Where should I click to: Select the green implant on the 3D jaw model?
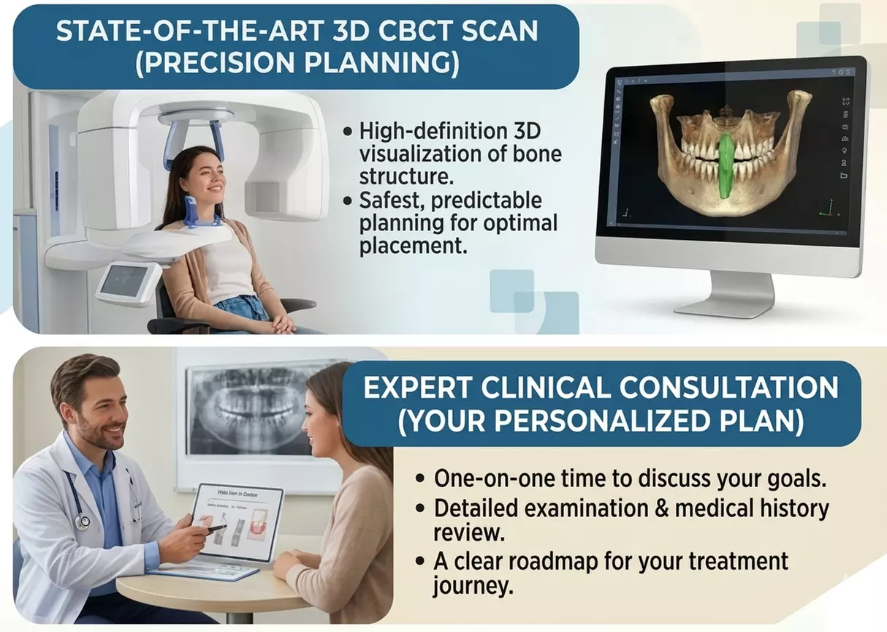tap(726, 165)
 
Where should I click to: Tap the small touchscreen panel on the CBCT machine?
tap(129, 281)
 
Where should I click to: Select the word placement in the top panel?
tap(412, 246)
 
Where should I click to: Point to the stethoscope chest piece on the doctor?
tap(83, 522)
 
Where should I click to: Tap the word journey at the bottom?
tap(467, 587)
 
